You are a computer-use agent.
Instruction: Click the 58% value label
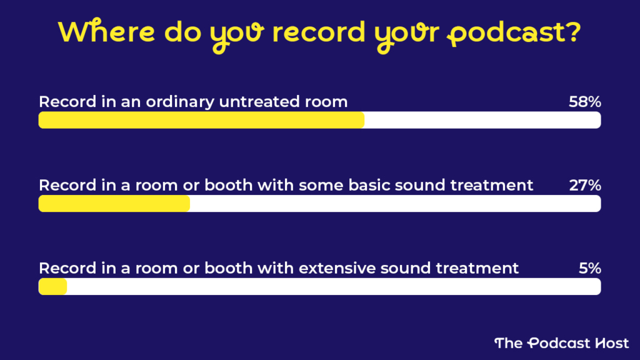[x=584, y=102]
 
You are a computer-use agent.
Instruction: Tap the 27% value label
[x=584, y=185]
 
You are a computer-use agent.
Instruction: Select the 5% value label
[x=589, y=268]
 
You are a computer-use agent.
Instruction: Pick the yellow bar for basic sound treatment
[x=114, y=204]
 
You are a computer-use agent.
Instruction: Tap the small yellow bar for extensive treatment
[x=52, y=287]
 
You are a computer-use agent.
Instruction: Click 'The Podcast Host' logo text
[x=561, y=342]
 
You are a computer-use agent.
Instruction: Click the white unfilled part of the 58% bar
[x=481, y=120]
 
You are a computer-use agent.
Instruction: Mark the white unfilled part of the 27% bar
[x=394, y=204]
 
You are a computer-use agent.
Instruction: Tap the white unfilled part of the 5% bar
[x=331, y=287]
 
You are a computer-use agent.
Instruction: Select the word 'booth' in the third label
[x=226, y=268]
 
